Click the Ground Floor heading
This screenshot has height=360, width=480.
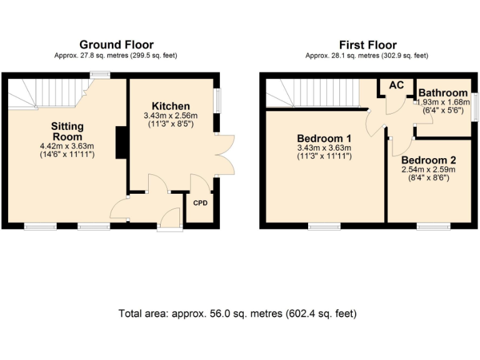coord(116,44)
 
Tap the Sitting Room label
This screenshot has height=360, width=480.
coord(67,131)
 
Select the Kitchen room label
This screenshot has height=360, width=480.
coord(171,106)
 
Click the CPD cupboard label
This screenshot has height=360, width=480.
coord(200,203)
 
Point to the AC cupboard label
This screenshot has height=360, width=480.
coord(396,86)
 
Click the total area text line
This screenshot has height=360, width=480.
coord(237,313)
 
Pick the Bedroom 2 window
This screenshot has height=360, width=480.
coord(429,226)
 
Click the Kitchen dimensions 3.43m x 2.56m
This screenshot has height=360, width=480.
coord(171,116)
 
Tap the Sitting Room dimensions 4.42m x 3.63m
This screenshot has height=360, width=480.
coord(67,146)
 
